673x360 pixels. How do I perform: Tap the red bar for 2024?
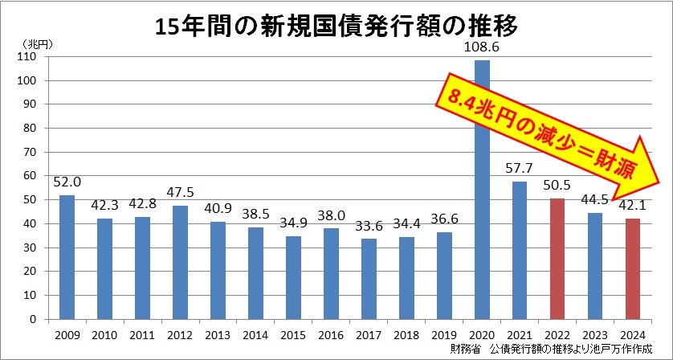tap(633, 268)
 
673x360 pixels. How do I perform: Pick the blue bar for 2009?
tap(66, 257)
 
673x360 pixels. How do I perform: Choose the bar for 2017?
tap(369, 279)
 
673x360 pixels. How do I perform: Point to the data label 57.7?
tap(520, 170)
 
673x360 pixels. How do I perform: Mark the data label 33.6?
tap(369, 227)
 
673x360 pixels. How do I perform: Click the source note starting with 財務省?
tap(551, 349)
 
